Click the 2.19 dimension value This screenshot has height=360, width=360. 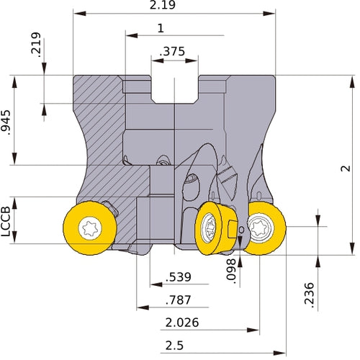[x=163, y=5]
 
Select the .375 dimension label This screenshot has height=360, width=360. [x=172, y=51]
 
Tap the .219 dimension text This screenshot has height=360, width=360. [x=36, y=45]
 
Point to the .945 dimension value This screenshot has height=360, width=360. [x=6, y=122]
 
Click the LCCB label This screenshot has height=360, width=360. [x=6, y=221]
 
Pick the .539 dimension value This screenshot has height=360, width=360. [x=179, y=277]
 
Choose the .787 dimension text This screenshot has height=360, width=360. [x=179, y=300]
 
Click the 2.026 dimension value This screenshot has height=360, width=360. [x=182, y=323]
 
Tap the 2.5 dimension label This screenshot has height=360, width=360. [x=174, y=346]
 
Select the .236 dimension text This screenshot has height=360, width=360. [x=309, y=295]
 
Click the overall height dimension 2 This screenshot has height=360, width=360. [x=346, y=168]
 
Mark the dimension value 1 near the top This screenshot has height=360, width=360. [x=161, y=28]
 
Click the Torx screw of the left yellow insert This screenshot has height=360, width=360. [x=90, y=228]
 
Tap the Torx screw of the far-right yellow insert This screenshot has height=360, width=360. [x=260, y=227]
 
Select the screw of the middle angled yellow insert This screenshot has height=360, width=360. [x=208, y=228]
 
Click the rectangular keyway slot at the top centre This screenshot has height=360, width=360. [x=174, y=89]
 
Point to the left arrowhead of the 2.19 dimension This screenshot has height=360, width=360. [x=80, y=13]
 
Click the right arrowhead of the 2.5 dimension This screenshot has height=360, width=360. [x=279, y=353]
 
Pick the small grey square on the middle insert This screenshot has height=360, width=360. [x=233, y=230]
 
